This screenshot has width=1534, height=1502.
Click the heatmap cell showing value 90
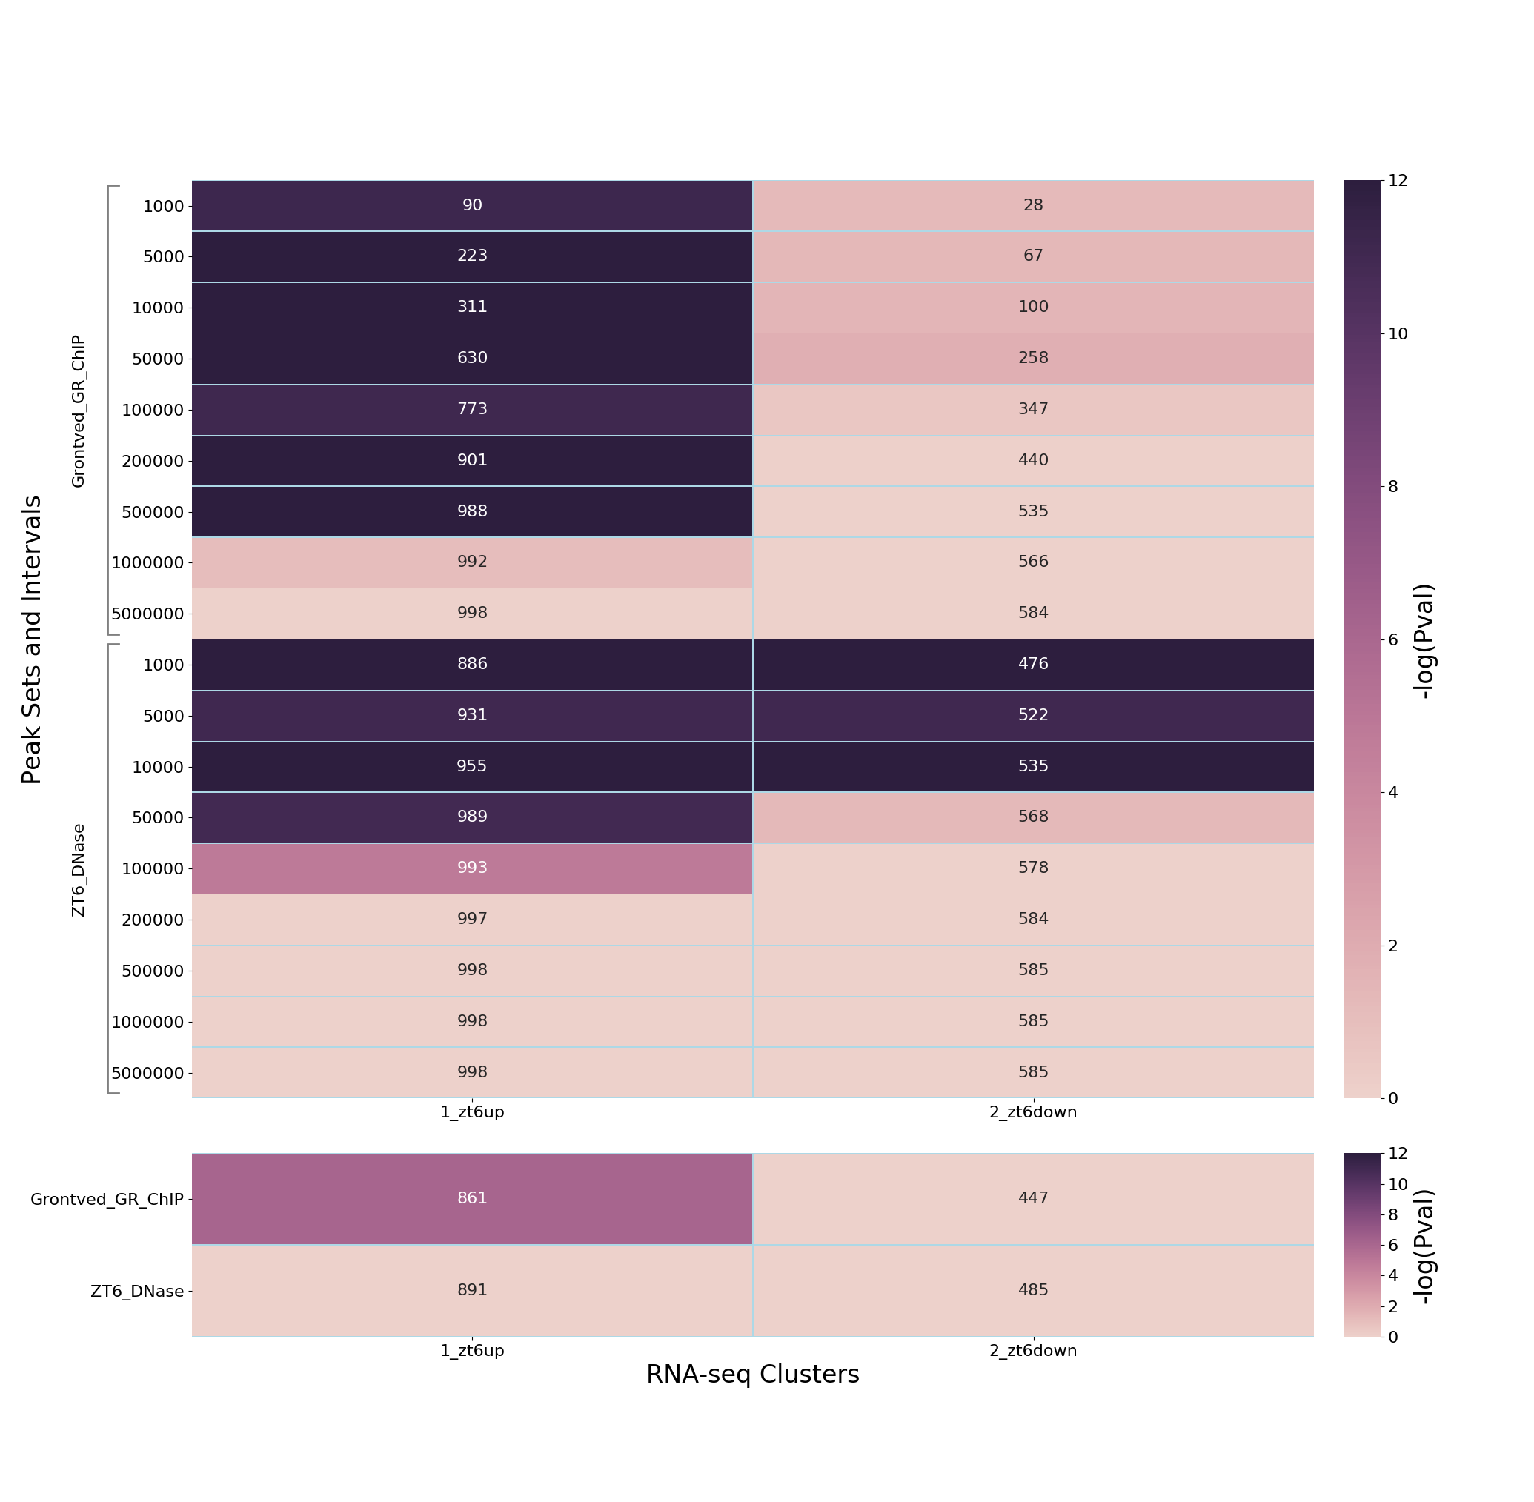(x=472, y=206)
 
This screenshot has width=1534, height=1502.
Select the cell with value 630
(x=472, y=358)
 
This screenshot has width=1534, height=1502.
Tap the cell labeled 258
(x=1033, y=358)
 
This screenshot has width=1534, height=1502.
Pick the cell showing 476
(x=1033, y=664)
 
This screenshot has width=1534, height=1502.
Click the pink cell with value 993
(x=472, y=868)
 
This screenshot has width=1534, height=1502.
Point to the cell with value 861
(x=472, y=1198)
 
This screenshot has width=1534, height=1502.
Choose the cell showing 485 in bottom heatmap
(x=1033, y=1291)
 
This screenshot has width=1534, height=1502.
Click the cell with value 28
(x=1033, y=206)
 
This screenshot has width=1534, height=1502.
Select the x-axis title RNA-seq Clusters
(x=752, y=1375)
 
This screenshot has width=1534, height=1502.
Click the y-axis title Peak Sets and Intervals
(x=32, y=639)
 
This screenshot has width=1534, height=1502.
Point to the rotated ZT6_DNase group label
(x=78, y=870)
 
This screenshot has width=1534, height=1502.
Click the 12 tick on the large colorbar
(x=1398, y=182)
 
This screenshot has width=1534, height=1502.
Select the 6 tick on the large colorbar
(x=1392, y=639)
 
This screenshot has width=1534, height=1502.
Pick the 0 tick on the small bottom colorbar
(x=1392, y=1337)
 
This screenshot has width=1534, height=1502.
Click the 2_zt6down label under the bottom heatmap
(x=1033, y=1351)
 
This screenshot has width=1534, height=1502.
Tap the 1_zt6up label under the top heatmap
(x=472, y=1112)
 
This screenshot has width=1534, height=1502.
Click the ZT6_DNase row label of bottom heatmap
(x=136, y=1292)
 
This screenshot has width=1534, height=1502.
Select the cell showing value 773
(x=472, y=410)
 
